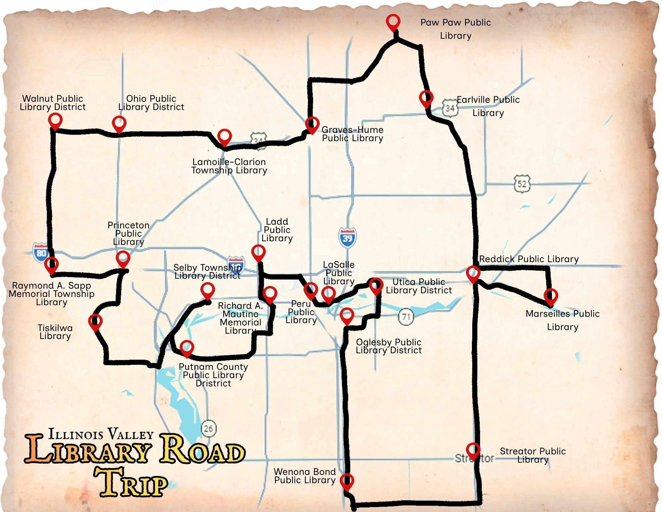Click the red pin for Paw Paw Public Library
coord(393,22)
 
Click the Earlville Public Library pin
coord(426,98)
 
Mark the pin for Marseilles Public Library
coord(550,296)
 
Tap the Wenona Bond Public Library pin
coord(347,481)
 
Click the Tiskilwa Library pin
coord(95,321)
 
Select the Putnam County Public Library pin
coord(187,348)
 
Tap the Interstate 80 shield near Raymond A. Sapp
coord(41,253)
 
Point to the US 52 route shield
coord(522,183)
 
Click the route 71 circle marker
coord(406,317)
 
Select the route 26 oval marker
coord(208,429)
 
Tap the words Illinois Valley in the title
coord(101,434)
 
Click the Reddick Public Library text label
coord(529,259)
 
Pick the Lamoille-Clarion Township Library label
coord(229,166)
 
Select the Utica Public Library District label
coord(419,286)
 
